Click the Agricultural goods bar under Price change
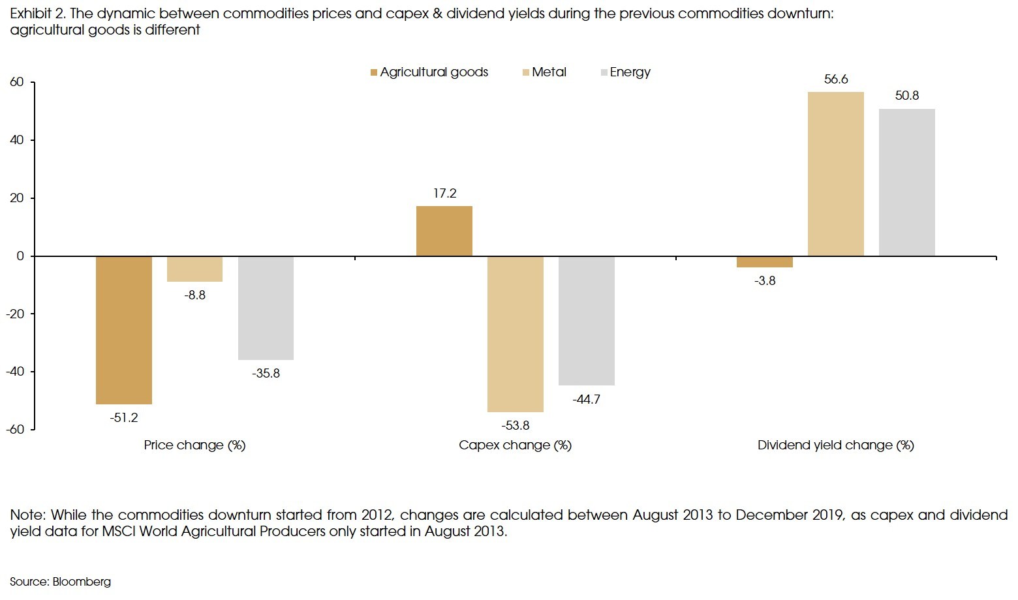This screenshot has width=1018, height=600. click(x=124, y=329)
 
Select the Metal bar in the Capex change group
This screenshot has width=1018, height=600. click(x=516, y=333)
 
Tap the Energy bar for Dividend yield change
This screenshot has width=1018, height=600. click(x=906, y=182)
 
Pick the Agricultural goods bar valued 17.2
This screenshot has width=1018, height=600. click(x=444, y=231)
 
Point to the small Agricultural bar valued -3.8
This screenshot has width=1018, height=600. click(x=765, y=262)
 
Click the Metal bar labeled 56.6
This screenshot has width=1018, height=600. click(x=835, y=173)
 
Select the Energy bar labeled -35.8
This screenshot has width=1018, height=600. click(x=266, y=307)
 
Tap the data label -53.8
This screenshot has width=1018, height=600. click(x=516, y=425)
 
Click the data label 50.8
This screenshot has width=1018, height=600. click(x=906, y=96)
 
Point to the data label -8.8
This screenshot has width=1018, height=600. click(x=194, y=295)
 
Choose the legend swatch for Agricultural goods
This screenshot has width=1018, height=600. click(x=374, y=72)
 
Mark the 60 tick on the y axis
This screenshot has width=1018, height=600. click(x=17, y=82)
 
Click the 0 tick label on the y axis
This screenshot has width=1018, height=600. click(x=20, y=256)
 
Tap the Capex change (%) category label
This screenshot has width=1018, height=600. click(x=515, y=445)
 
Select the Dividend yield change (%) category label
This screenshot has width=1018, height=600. click(x=835, y=445)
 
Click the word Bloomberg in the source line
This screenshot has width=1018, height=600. click(x=82, y=582)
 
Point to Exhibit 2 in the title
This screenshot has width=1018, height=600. click(x=37, y=14)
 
